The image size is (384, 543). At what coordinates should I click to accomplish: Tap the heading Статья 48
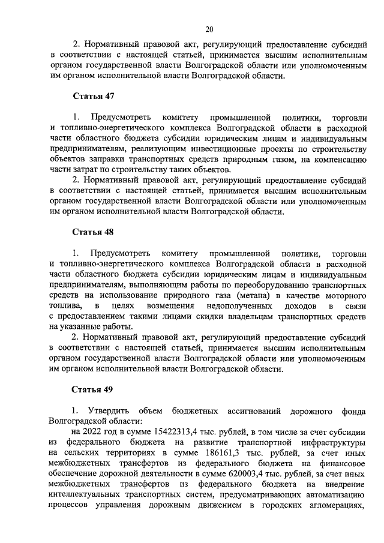pos(93,232)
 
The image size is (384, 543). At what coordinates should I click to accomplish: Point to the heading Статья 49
pos(93,389)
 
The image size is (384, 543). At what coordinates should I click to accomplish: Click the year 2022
pos(97,431)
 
